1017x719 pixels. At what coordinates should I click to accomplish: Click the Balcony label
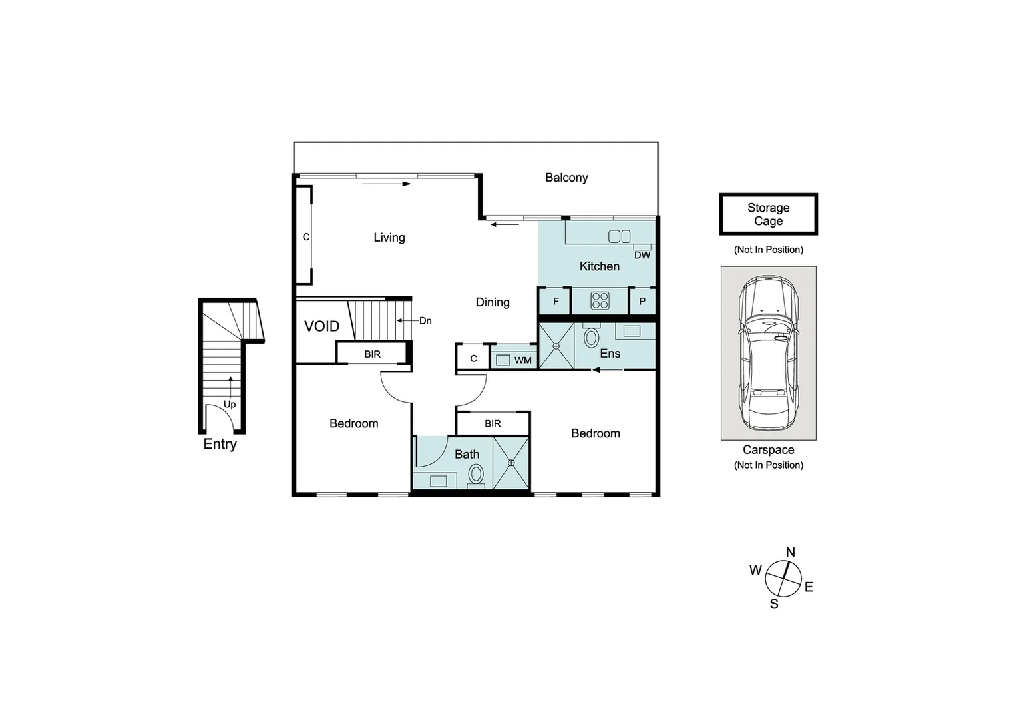point(566,178)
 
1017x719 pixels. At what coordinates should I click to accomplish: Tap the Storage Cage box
point(768,214)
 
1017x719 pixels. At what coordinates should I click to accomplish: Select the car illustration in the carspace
point(768,353)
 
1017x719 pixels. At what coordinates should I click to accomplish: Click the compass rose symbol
point(783,579)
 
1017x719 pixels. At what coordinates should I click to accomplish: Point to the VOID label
point(321,326)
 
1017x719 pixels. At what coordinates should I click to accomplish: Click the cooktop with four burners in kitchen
point(600,301)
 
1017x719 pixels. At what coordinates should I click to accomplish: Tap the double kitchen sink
point(619,236)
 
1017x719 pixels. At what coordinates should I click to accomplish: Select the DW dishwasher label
point(642,255)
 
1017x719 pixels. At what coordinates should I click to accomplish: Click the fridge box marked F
point(555,301)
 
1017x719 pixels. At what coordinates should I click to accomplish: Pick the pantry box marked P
point(642,301)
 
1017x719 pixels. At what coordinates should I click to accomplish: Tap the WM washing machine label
point(522,360)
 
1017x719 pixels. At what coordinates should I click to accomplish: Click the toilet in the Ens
point(590,337)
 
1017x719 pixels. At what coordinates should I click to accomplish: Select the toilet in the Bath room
point(476,475)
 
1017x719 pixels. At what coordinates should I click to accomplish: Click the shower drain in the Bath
point(511,463)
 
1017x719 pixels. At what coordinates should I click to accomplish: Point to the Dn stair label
point(425,321)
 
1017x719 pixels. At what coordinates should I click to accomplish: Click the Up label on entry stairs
point(230,404)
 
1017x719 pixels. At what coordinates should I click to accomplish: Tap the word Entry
point(220,444)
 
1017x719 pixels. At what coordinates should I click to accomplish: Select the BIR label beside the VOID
point(372,354)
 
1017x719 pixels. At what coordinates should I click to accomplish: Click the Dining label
point(493,302)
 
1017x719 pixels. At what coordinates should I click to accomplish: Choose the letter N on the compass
point(791,552)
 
